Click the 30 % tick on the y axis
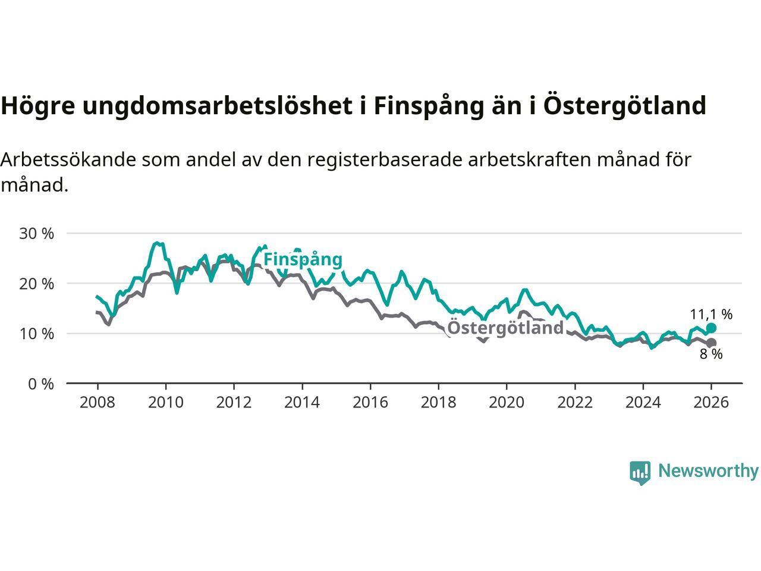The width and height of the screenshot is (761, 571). click(37, 233)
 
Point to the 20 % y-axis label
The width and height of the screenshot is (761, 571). click(37, 284)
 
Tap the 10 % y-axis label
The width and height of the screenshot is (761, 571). click(37, 334)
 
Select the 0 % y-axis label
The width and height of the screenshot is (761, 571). click(41, 384)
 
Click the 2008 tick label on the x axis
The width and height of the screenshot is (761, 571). click(97, 403)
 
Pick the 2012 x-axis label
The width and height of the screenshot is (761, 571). click(234, 403)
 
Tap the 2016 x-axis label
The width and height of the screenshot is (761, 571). click(370, 403)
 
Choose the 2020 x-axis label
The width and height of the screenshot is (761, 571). click(507, 403)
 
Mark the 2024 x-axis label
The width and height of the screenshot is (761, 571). click(643, 403)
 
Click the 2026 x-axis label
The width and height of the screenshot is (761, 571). click(711, 403)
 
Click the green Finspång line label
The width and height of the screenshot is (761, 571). click(303, 260)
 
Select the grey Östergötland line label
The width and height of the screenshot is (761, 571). click(505, 328)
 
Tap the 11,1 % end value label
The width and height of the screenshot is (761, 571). click(711, 314)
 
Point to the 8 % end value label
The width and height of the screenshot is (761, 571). click(711, 354)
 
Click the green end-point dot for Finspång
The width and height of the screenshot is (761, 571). click(711, 328)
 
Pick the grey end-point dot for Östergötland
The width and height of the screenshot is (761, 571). click(711, 343)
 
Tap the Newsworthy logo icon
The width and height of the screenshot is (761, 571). click(640, 472)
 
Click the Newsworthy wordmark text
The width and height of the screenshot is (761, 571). click(708, 471)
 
